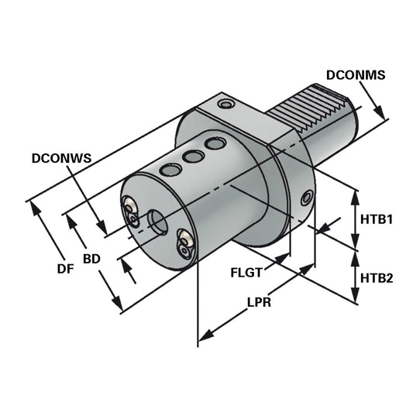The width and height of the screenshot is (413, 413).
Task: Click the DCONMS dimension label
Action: click(356, 75)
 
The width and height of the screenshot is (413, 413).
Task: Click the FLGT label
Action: click(246, 273)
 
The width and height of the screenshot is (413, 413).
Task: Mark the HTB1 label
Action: click(377, 219)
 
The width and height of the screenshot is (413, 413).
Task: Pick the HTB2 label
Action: click(377, 277)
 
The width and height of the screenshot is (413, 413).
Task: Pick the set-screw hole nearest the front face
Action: click(168, 170)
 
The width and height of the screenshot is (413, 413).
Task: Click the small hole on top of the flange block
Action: click(225, 104)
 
